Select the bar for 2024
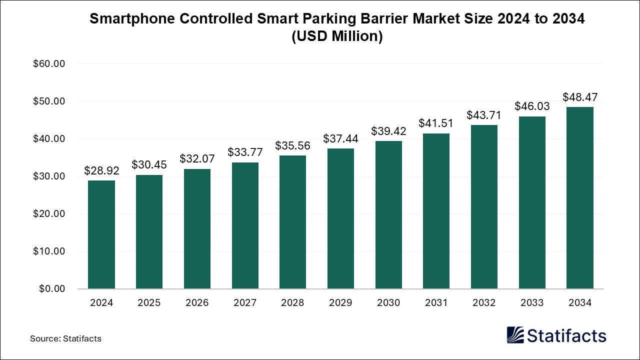click(x=101, y=234)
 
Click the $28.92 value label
click(x=101, y=171)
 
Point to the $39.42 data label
click(x=388, y=131)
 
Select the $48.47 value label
click(x=580, y=97)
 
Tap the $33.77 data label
click(x=245, y=152)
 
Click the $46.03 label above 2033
click(x=532, y=106)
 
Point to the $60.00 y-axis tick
click(x=49, y=64)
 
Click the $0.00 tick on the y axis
click(x=52, y=288)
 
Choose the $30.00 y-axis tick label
click(x=49, y=176)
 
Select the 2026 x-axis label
click(x=197, y=303)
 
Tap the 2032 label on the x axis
click(x=484, y=303)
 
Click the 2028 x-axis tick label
click(x=292, y=303)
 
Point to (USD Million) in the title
click(x=337, y=37)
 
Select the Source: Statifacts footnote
click(x=65, y=338)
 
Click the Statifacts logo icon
click(x=515, y=335)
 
